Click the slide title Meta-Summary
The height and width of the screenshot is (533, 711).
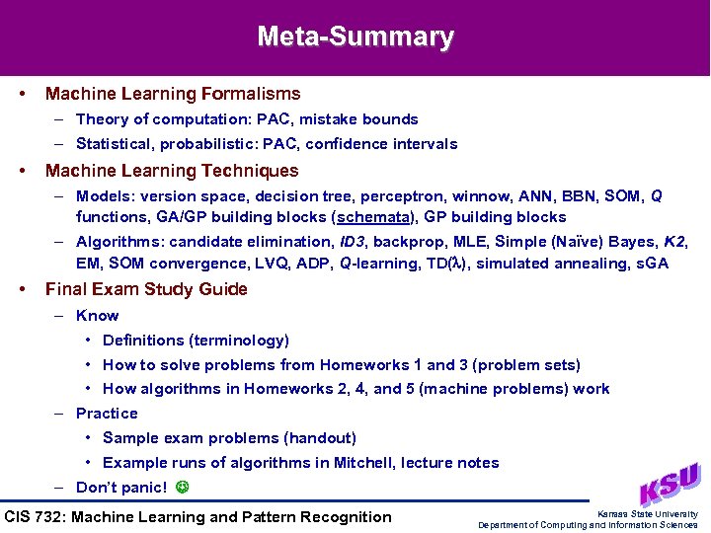(355, 38)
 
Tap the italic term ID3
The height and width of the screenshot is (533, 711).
(355, 242)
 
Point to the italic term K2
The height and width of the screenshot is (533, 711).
(674, 242)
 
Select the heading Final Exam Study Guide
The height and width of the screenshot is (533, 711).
(146, 289)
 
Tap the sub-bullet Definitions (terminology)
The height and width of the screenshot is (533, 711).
(196, 341)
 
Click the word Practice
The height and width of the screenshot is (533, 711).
(107, 414)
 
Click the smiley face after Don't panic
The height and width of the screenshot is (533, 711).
(180, 488)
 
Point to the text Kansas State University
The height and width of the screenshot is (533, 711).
(647, 514)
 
